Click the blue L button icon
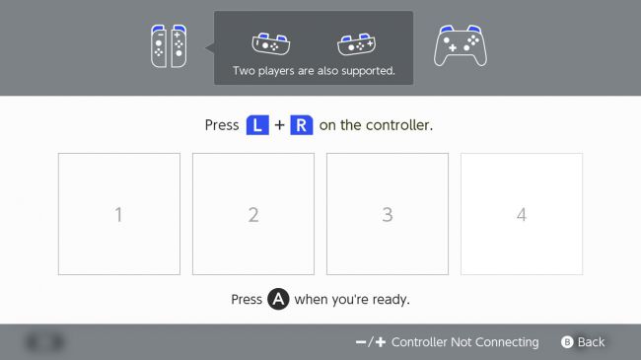coord(257,125)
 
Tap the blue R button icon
coord(302,125)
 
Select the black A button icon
coord(278,299)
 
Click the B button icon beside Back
coord(567,342)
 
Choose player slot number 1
coord(119,214)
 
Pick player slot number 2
coord(253,214)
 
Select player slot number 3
coord(388,214)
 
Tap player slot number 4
coord(522,214)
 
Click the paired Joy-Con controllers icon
coord(169,45)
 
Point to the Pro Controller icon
coord(461,45)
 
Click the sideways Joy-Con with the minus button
coord(271,43)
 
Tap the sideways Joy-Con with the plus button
coord(356,43)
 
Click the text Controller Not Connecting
coord(464,342)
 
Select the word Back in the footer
coord(591,342)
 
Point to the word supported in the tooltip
coord(368,71)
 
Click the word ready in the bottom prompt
coord(391,300)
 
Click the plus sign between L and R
coord(280,125)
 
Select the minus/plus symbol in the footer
coord(371,342)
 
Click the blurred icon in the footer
coord(45,342)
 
